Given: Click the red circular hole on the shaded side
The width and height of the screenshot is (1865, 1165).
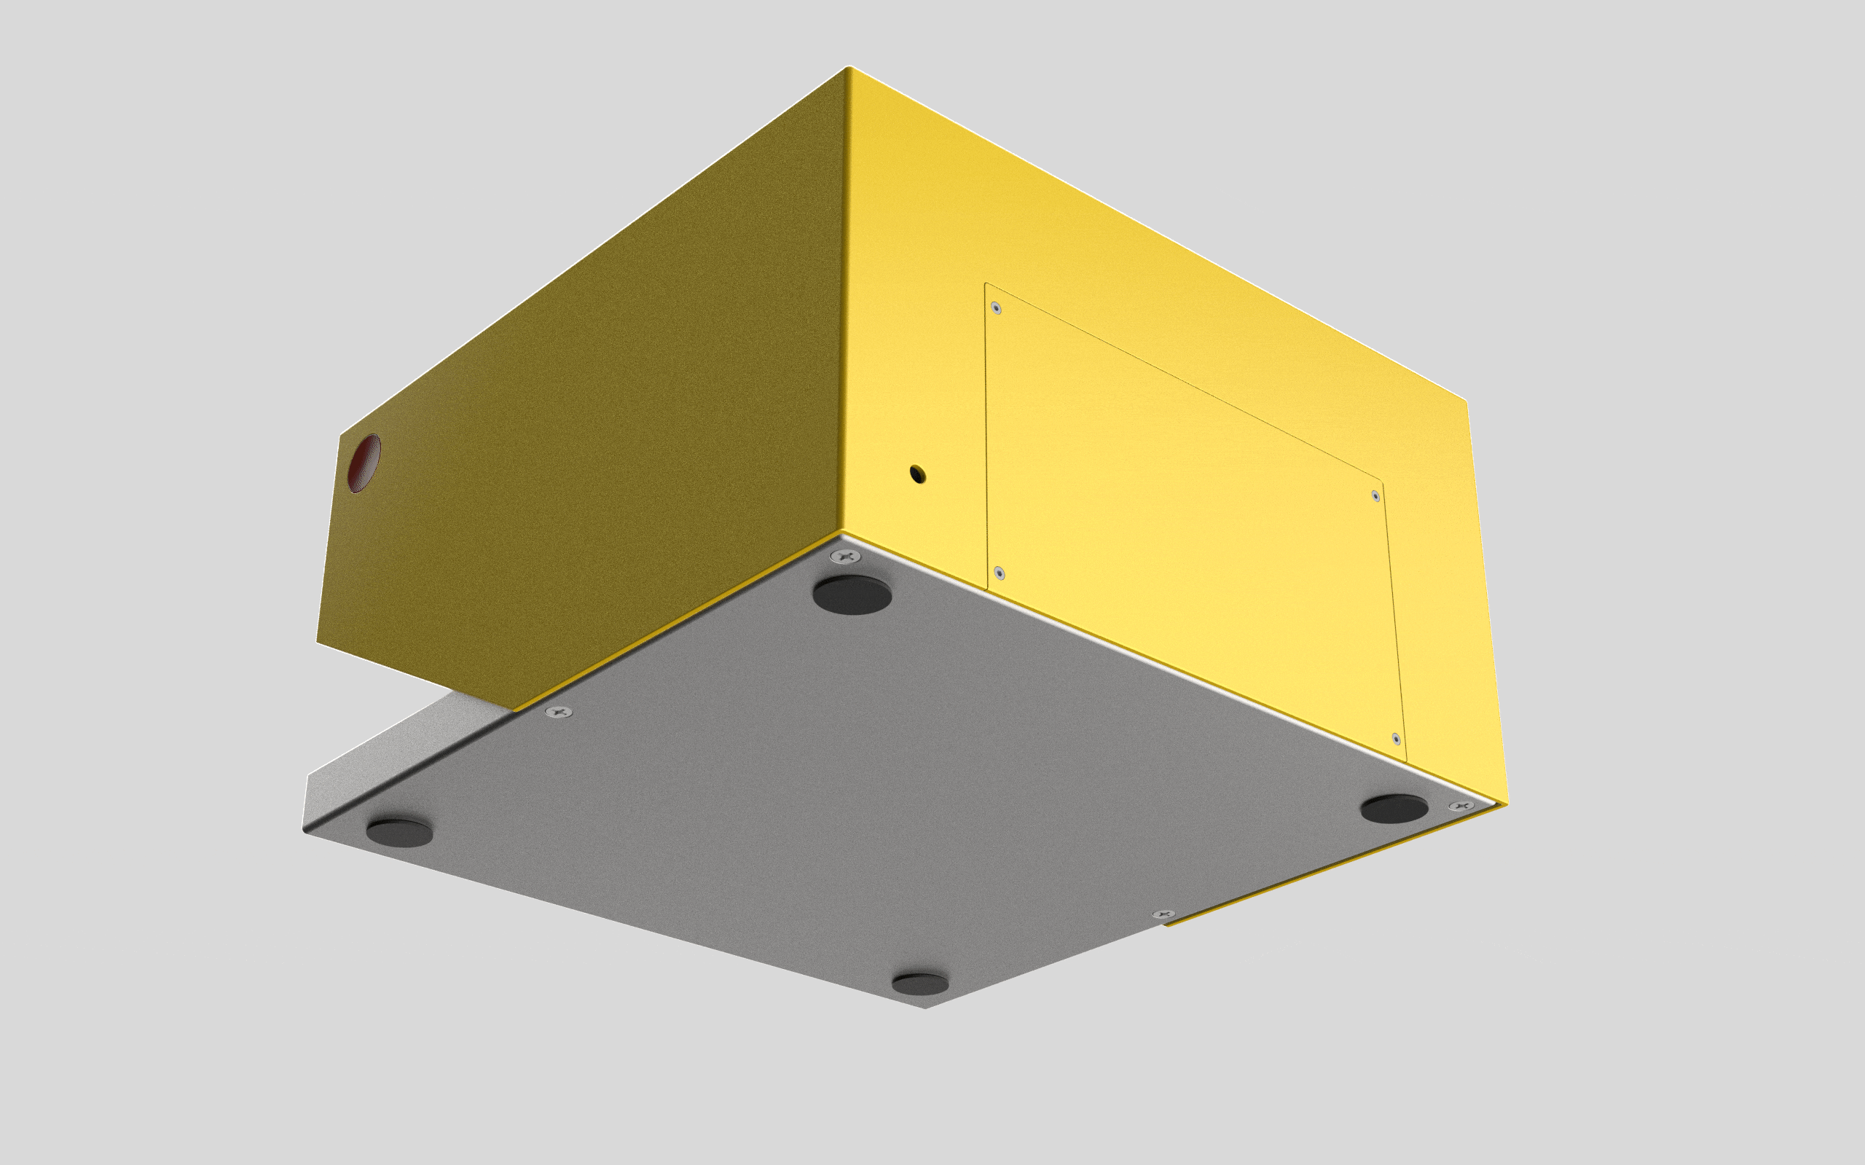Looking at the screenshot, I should pos(364,463).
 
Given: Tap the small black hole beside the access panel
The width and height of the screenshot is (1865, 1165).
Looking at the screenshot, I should pos(916,473).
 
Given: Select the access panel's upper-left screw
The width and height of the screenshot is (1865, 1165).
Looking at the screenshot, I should pos(996,308).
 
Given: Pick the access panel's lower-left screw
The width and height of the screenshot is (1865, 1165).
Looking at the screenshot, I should pos(999,573).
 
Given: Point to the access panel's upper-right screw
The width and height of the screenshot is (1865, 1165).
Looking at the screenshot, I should pos(1376,495).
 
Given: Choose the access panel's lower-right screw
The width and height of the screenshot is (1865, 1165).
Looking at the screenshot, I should pos(1396,739).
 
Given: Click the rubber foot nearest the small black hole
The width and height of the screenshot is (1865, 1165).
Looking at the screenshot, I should pos(852,595).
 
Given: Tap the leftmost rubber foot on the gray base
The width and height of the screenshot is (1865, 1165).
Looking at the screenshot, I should pos(399,833).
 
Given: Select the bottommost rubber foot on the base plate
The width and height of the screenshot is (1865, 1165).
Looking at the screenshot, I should pos(920,984).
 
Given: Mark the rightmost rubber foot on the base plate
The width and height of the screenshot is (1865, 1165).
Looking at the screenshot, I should pos(1394,809).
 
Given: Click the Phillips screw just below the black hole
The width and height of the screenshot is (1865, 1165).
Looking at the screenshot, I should pos(846,555).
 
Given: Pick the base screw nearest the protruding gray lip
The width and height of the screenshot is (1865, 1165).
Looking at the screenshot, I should pos(559,712).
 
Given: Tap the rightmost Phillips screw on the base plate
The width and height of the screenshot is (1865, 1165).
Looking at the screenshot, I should pos(1461,806).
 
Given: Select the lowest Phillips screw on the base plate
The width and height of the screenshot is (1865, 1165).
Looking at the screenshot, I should pos(1163,914).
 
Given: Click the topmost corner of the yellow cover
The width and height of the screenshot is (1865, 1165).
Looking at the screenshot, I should pos(848,68).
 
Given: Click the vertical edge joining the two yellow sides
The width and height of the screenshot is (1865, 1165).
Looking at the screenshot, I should pos(845,308).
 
